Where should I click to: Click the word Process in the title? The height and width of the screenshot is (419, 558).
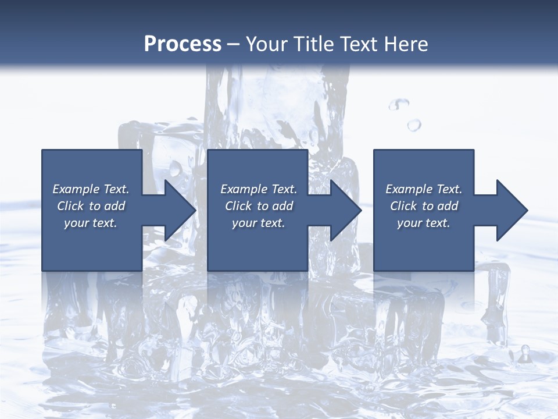pos(183,44)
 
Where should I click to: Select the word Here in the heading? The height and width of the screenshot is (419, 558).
pos(406,44)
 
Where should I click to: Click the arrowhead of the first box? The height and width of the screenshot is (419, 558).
pos(180,210)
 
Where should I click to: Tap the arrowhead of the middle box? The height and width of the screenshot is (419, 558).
pos(346,210)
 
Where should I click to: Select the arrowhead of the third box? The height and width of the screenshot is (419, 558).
pos(513,210)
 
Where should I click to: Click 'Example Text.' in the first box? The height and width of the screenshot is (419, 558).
pos(91,189)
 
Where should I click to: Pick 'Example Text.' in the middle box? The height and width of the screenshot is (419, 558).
pos(259,189)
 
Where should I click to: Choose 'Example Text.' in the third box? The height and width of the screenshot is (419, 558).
pos(424,189)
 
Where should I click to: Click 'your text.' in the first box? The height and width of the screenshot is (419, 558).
pos(91,223)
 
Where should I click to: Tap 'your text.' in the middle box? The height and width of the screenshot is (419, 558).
pos(259,223)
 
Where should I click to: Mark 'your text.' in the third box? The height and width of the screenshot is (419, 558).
pos(424,223)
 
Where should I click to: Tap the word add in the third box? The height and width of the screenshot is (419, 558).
pos(448,206)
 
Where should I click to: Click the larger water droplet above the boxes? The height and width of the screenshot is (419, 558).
pos(414,125)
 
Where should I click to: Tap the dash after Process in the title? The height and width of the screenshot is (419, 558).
pos(234,45)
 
